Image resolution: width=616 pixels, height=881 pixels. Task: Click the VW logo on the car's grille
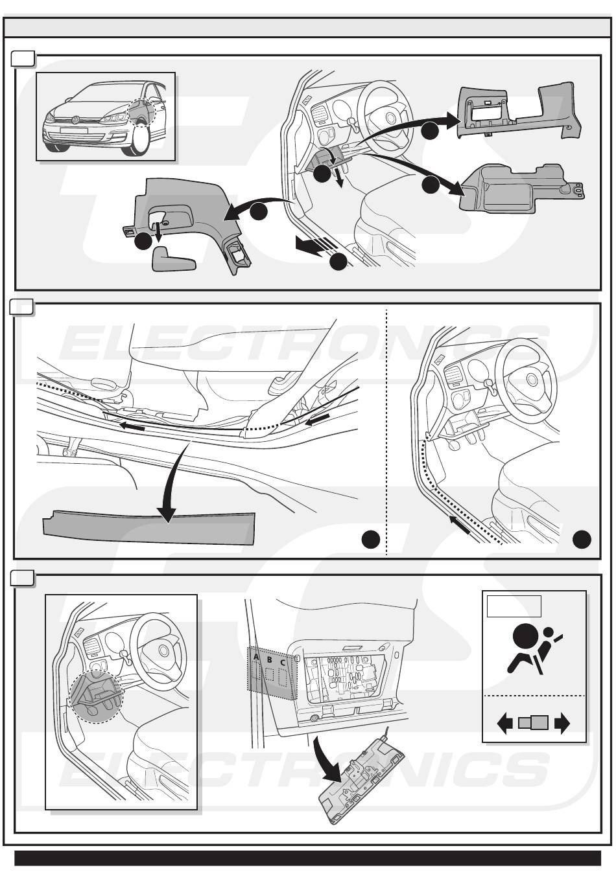point(75,119)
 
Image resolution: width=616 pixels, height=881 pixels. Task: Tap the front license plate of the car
point(74,130)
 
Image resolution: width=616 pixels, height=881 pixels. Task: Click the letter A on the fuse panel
point(256,658)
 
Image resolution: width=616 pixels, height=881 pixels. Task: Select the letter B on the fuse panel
point(270,659)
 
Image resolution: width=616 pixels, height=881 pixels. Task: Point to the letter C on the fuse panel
point(283,662)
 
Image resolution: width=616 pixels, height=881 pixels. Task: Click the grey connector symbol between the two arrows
point(534,723)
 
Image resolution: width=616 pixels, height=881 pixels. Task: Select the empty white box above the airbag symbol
point(514,606)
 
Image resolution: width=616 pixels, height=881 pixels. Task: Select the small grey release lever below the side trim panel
point(174,258)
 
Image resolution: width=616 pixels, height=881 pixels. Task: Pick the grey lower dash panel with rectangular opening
point(519,110)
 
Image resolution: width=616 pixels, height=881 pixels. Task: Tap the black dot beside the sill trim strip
point(370,539)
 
